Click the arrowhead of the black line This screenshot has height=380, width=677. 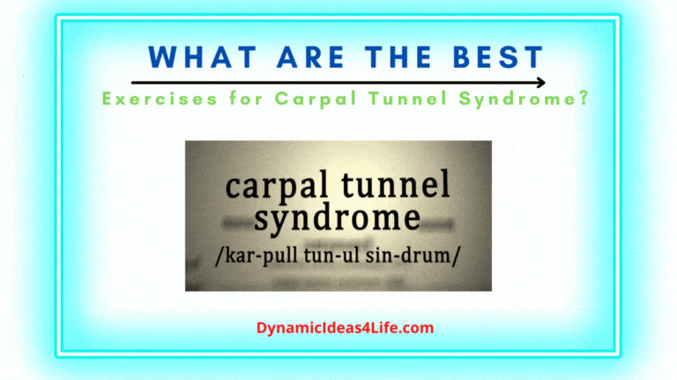click(x=540, y=83)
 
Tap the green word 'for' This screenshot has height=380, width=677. click(x=236, y=99)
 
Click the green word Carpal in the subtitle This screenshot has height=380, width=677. click(x=307, y=99)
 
